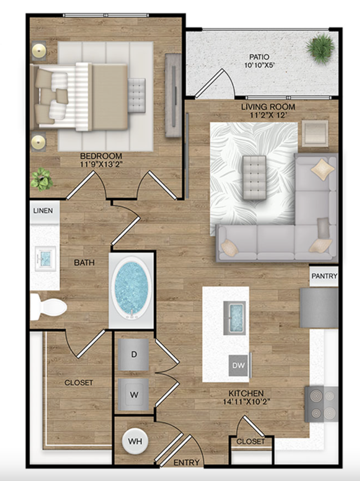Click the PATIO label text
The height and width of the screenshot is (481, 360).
pyautogui.click(x=259, y=57)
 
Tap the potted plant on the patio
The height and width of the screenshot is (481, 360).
pyautogui.click(x=321, y=49)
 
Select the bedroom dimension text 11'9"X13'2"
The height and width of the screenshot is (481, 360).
pyautogui.click(x=101, y=164)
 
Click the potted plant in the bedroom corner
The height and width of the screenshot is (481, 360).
pyautogui.click(x=42, y=180)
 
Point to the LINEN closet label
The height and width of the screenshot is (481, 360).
pyautogui.click(x=43, y=211)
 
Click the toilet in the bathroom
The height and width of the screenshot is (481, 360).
pyautogui.click(x=49, y=307)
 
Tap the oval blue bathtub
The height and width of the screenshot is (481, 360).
pyautogui.click(x=131, y=288)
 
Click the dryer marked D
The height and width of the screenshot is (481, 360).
pyautogui.click(x=133, y=355)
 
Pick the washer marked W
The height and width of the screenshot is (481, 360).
pyautogui.click(x=133, y=395)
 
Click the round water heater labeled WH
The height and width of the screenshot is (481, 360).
pyautogui.click(x=135, y=441)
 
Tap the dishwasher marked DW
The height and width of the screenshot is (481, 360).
pyautogui.click(x=238, y=365)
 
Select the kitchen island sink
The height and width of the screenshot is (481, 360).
pyautogui.click(x=234, y=318)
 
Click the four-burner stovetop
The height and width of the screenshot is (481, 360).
pyautogui.click(x=321, y=404)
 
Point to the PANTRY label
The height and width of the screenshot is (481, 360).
pyautogui.click(x=324, y=276)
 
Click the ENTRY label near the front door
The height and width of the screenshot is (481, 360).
pyautogui.click(x=187, y=462)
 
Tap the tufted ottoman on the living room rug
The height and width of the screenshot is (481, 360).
pyautogui.click(x=255, y=177)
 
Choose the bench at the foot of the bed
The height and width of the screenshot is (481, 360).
pyautogui.click(x=137, y=96)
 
